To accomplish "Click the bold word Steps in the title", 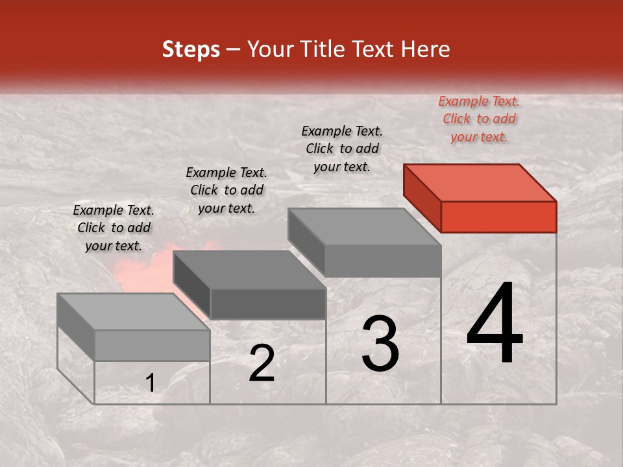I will (x=191, y=50).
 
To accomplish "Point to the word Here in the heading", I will (x=426, y=50).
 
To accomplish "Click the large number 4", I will (x=495, y=324).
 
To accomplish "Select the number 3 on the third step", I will (x=380, y=344).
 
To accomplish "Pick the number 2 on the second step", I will (x=262, y=363).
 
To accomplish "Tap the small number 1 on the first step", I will (x=151, y=383).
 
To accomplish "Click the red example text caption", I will (x=479, y=119).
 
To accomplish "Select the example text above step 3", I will (x=342, y=149).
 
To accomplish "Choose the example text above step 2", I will (x=226, y=190).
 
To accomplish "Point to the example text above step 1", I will (x=114, y=228).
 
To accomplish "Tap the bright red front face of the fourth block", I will (x=498, y=217).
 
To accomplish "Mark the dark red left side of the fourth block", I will (x=422, y=197).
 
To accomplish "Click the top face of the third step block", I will (x=365, y=227).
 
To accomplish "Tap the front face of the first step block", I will (x=152, y=345).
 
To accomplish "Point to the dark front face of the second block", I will (x=267, y=304).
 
